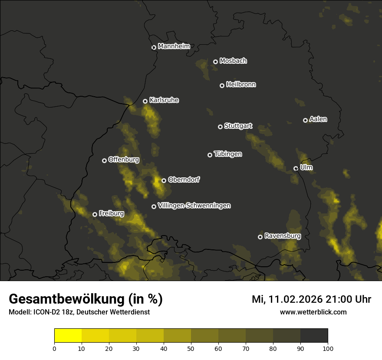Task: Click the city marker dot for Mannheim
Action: [x=154, y=48]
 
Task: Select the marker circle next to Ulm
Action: [x=296, y=168]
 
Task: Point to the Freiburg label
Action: [x=111, y=213]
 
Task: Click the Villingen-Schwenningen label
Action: [x=194, y=206]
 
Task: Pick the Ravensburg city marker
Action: [x=260, y=237]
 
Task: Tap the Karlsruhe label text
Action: [x=164, y=100]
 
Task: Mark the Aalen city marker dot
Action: [x=305, y=120]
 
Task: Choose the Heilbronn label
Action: [x=241, y=85]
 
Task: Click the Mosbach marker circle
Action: [x=215, y=62]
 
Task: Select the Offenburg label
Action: [x=124, y=160]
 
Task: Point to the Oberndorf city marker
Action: [x=164, y=180]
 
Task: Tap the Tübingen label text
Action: [x=228, y=154]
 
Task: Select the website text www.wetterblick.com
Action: [x=313, y=312]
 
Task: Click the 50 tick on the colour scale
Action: [x=191, y=348]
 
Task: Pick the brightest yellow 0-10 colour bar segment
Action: [x=68, y=335]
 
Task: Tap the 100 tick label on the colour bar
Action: [x=327, y=348]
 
